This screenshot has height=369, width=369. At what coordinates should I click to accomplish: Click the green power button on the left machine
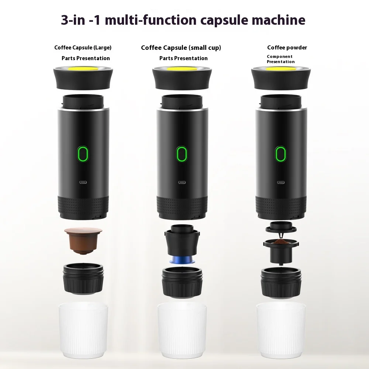(x=82, y=154)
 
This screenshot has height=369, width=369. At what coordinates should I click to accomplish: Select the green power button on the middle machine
(x=181, y=154)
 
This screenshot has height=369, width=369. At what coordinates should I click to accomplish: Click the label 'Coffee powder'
(x=287, y=47)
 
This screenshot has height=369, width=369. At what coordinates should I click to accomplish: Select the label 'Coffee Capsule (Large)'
(x=83, y=47)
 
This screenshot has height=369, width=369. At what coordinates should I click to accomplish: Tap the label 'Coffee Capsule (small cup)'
(x=181, y=47)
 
